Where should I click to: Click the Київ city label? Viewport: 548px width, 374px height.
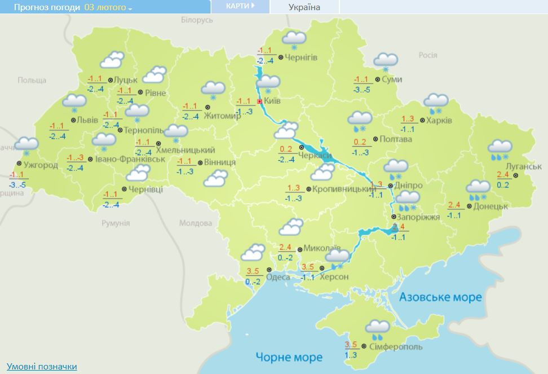[x=273, y=101]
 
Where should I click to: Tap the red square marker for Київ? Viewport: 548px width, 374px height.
[x=259, y=102]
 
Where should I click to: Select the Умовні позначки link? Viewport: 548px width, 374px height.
[x=42, y=367]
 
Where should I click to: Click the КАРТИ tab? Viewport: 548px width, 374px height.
[x=240, y=6]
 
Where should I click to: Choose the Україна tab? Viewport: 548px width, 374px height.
[x=304, y=7]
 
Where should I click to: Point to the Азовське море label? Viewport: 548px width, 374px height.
[x=441, y=297]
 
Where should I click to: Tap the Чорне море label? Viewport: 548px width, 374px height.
[x=289, y=357]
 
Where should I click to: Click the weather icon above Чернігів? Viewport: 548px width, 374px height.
[x=294, y=39]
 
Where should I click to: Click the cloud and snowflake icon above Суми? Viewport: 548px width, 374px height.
[x=386, y=61]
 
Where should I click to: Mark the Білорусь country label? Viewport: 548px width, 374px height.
[x=197, y=20]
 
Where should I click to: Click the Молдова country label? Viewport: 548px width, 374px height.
[x=195, y=223]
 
